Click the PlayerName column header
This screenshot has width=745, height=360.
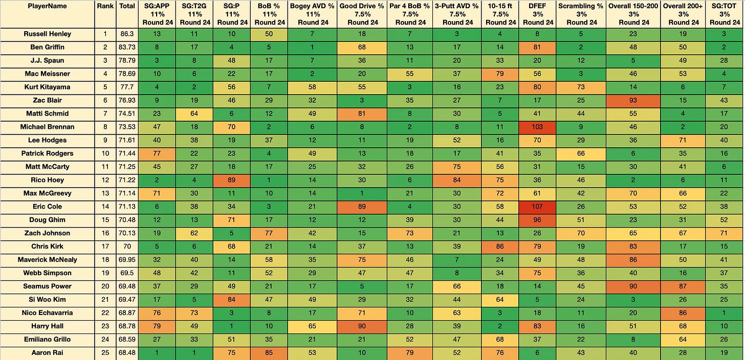(47, 6)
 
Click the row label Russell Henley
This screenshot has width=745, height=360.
(47, 34)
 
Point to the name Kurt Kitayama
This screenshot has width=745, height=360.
(47, 87)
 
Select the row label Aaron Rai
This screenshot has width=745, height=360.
(47, 353)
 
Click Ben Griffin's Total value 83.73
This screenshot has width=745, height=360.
(127, 47)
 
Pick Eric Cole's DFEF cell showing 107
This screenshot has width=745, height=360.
(537, 207)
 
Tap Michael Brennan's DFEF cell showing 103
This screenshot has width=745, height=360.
(537, 127)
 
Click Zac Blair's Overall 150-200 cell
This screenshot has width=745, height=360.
(633, 100)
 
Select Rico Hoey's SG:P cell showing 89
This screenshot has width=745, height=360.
(231, 180)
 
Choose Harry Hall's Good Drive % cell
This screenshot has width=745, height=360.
(362, 326)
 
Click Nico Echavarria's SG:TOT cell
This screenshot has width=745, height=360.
(724, 313)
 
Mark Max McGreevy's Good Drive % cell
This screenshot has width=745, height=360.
(362, 193)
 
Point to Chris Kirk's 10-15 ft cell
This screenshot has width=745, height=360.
(500, 246)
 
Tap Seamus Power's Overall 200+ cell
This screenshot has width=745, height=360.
(683, 286)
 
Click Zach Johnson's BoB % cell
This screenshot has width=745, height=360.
(269, 233)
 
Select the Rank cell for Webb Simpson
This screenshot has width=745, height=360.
(105, 273)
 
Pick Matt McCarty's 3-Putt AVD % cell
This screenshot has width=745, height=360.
(457, 167)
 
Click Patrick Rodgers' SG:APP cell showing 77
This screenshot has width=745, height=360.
(157, 153)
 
